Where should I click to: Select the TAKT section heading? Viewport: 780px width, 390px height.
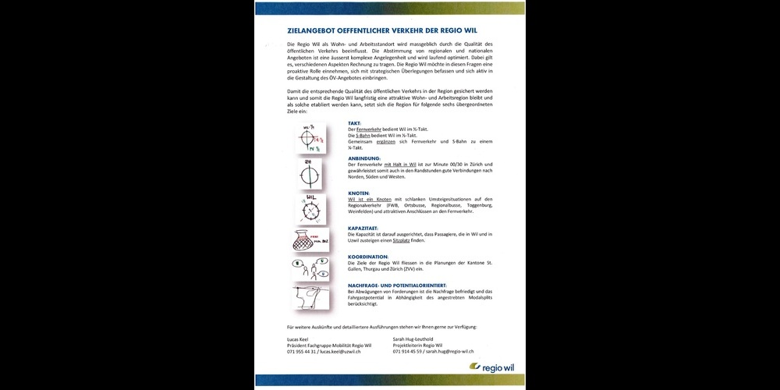353,123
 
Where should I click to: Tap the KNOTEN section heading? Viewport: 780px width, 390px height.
358,193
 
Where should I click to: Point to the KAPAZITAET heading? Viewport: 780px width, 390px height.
364,228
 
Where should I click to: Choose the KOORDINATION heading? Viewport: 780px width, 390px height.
367,256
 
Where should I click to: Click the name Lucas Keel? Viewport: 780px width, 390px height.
298,339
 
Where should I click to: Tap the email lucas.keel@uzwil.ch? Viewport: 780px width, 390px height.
342,352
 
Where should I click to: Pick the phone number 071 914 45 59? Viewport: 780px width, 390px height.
408,352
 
